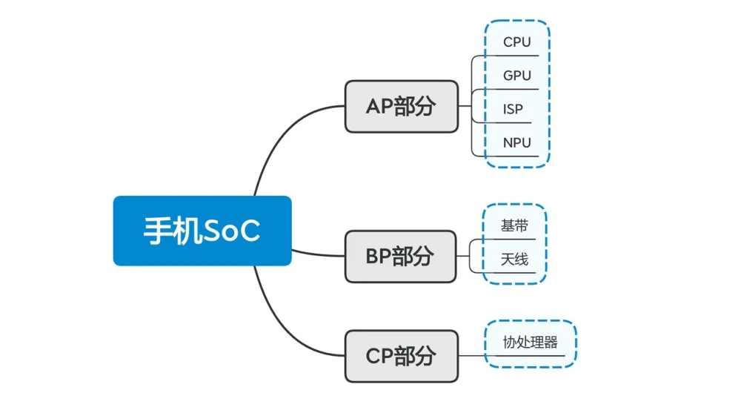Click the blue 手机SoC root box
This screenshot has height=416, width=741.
[x=202, y=231]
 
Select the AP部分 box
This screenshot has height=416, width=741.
[x=401, y=106]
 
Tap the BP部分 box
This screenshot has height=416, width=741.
[x=401, y=256]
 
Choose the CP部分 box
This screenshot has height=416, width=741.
[x=401, y=356]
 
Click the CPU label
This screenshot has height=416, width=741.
[x=516, y=42]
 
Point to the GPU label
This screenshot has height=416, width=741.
[x=516, y=76]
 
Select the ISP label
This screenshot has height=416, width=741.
[x=513, y=109]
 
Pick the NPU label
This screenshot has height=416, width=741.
[x=516, y=142]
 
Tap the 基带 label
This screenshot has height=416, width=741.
[x=514, y=226]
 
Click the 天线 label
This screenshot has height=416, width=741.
[x=514, y=259]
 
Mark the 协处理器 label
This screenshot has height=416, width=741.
[x=530, y=343]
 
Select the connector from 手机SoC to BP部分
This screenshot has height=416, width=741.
[x=319, y=253]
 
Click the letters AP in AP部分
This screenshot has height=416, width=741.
[x=379, y=106]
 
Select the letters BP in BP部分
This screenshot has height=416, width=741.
[x=379, y=256]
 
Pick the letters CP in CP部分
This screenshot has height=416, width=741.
[x=379, y=356]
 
